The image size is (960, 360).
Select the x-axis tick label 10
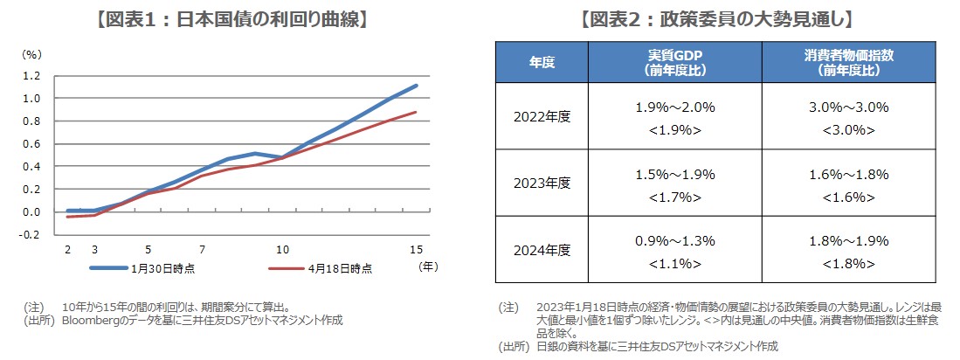point(283,249)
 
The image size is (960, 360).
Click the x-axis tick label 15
point(417,249)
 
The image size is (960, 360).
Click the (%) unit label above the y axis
point(32,53)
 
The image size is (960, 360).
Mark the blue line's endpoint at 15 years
point(417,86)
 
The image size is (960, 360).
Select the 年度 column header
point(542,62)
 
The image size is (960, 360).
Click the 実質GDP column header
point(676,62)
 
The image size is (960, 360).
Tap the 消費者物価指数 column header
point(848,62)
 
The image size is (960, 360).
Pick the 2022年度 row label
point(542,116)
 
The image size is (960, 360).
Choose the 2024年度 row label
point(542,250)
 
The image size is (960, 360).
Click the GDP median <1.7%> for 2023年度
point(675,197)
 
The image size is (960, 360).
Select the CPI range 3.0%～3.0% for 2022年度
point(847,107)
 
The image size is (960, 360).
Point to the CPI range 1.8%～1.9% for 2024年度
point(847,240)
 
